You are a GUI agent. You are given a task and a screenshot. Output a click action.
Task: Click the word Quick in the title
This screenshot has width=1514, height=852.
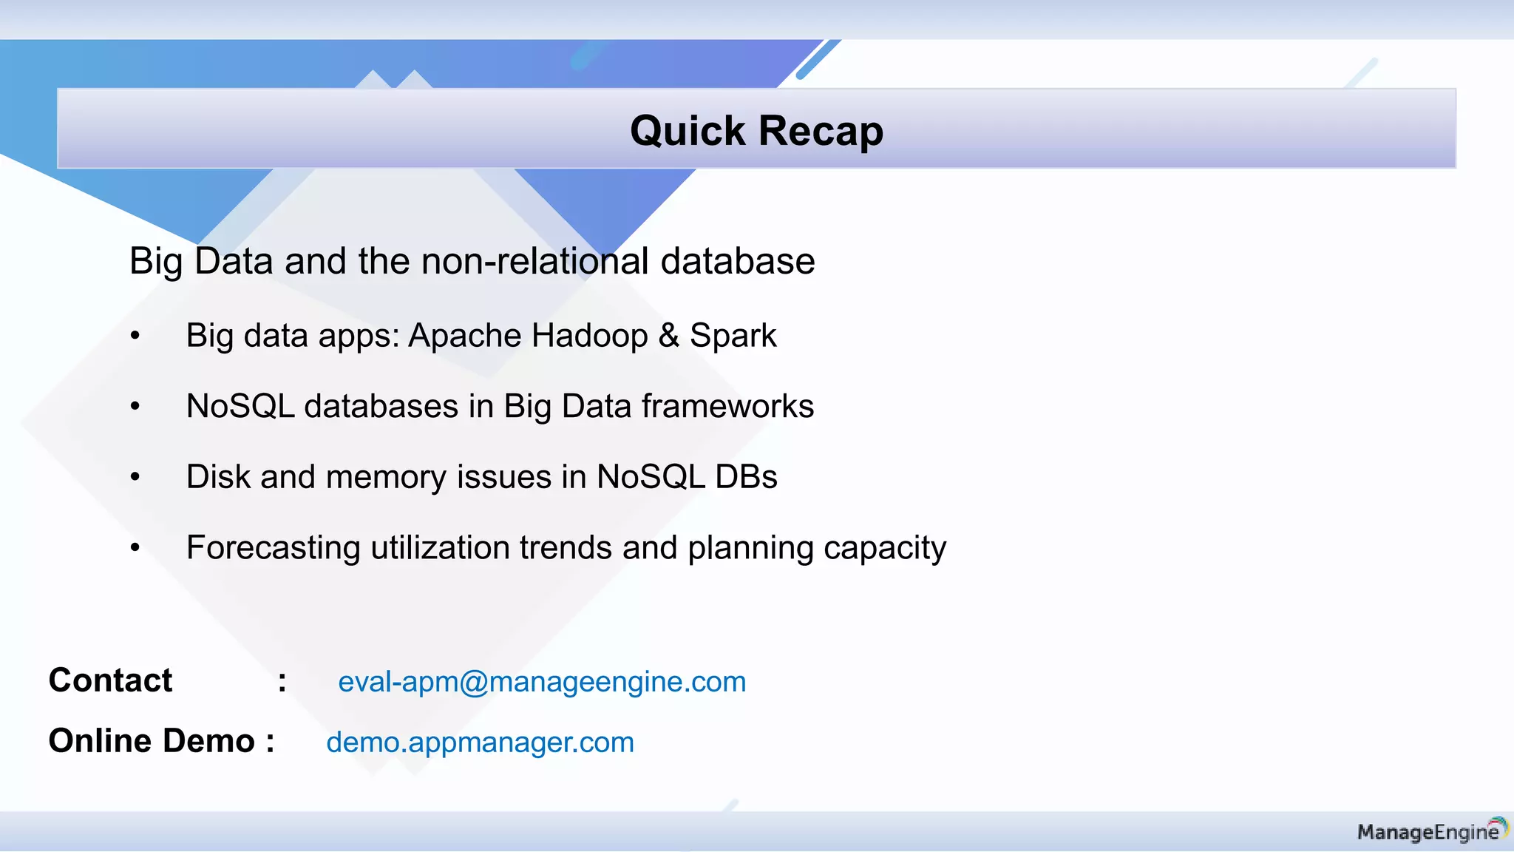688,132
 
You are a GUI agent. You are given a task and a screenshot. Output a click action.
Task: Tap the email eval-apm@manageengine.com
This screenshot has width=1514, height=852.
542,682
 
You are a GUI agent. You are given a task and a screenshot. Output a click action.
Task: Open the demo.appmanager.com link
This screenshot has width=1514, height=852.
480,743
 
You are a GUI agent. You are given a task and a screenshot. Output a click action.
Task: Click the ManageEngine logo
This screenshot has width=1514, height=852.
1431,831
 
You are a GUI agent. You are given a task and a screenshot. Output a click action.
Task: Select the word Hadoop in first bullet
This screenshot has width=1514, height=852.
589,336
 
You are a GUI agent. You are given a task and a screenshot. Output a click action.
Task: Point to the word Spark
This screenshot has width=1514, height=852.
733,336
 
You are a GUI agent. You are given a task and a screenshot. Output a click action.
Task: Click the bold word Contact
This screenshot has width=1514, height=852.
110,680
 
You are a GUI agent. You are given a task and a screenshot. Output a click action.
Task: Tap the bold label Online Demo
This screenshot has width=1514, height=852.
152,741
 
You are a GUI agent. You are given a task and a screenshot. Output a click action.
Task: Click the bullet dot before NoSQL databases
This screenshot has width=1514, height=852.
135,407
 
